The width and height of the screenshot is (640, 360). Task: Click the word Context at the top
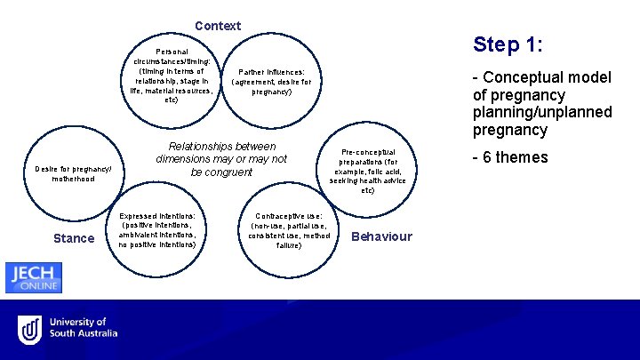pos(218,26)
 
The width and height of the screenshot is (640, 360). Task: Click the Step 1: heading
pos(508,44)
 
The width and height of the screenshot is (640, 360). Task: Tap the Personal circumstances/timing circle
pos(172,76)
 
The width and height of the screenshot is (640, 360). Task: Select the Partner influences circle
pos(271,81)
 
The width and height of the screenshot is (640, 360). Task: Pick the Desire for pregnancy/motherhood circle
pos(72,173)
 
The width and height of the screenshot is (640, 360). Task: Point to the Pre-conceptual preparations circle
pos(368,171)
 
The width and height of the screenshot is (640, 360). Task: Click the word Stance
pos(74,237)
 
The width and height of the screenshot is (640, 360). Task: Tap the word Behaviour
pos(382,236)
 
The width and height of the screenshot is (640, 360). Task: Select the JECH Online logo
pos(34,277)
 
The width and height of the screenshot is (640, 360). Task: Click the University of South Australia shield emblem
pos(30,328)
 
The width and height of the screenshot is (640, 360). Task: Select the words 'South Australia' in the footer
pos(84,333)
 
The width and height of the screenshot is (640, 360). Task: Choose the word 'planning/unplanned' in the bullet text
pos(542,112)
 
